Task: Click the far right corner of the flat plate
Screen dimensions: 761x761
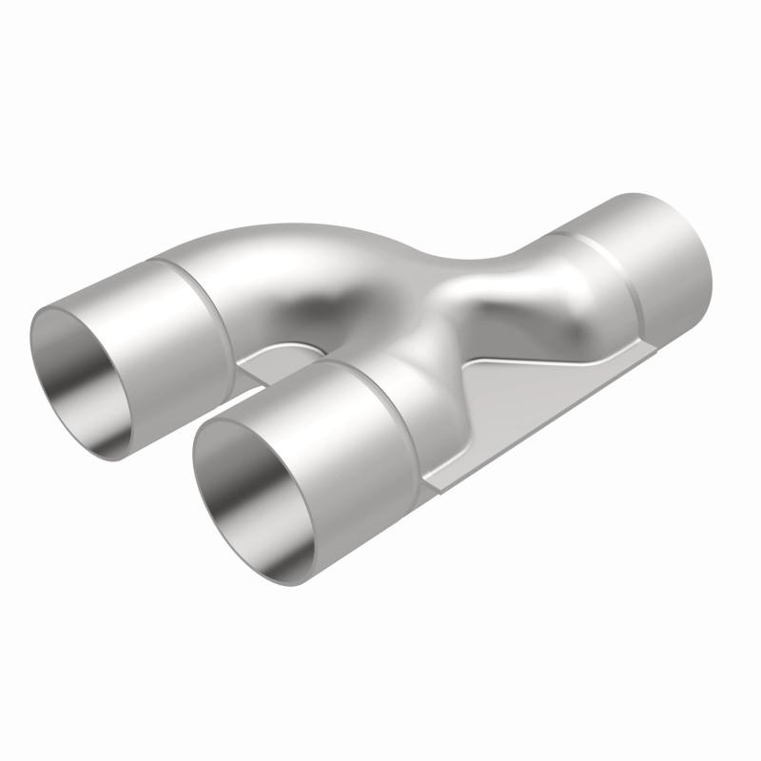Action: [x=656, y=347]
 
